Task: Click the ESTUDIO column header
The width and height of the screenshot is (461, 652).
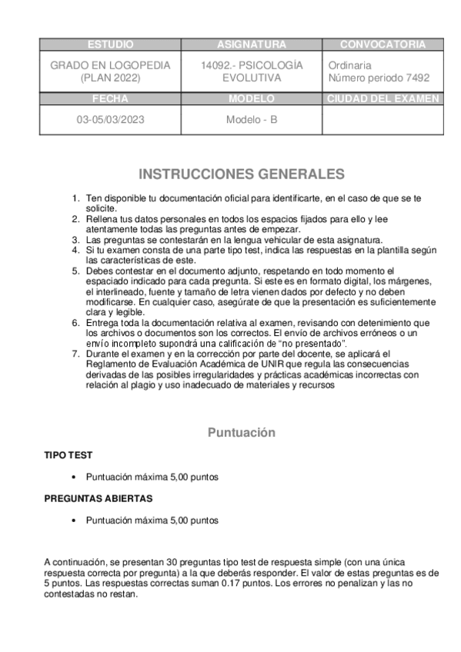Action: [111, 45]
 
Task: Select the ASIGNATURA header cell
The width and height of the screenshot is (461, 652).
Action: [251, 45]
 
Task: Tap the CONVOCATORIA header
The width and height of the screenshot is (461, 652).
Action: [382, 45]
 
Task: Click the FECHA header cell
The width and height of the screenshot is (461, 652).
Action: [110, 99]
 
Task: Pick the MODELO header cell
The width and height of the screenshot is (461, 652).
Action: [251, 99]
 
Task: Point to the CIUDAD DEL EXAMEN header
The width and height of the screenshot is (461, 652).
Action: [382, 99]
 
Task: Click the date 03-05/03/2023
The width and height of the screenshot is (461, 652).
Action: [110, 120]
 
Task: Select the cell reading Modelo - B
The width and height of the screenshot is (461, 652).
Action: [251, 120]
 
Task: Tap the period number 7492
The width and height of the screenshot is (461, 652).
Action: [416, 78]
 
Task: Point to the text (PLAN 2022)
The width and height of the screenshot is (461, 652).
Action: [110, 78]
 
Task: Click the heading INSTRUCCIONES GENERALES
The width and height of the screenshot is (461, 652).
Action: [241, 174]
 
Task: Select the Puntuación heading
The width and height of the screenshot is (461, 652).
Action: [241, 433]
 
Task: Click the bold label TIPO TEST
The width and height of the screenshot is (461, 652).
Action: [68, 455]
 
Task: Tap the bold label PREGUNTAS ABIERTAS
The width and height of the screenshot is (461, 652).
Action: [98, 498]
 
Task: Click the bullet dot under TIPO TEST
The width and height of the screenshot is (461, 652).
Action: [72, 477]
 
